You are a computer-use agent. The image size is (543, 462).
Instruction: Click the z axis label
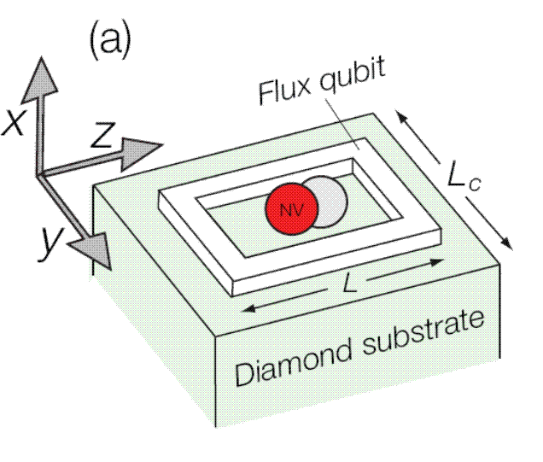click(x=103, y=137)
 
